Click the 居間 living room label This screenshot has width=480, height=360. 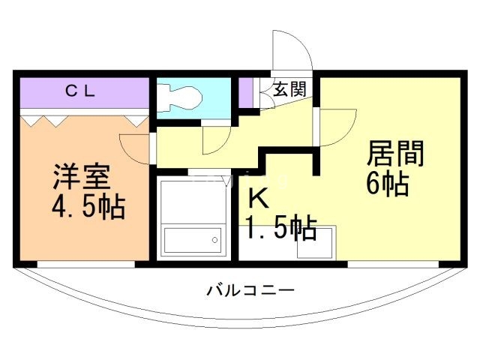(394, 154)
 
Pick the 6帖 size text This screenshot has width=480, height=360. (387, 184)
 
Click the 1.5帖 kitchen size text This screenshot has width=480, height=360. (280, 226)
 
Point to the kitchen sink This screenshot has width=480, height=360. (316, 241)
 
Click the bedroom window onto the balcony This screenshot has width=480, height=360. (86, 264)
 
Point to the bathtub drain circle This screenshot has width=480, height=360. (214, 241)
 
